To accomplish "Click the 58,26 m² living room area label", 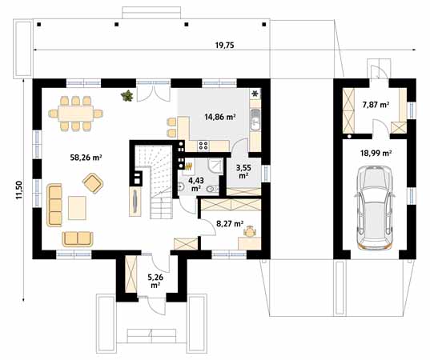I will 86,158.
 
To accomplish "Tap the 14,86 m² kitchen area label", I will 219,117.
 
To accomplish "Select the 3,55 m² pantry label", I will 242,171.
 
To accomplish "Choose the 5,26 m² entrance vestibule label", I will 155,282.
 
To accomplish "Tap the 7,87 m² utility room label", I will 375,105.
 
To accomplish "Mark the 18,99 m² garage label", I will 375,152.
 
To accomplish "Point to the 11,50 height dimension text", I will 18,196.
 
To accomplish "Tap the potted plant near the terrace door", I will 127,97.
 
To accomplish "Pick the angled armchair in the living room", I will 94,185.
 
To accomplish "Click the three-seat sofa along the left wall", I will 55,204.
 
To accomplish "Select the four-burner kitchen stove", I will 203,145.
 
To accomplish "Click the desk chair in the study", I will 251,232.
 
